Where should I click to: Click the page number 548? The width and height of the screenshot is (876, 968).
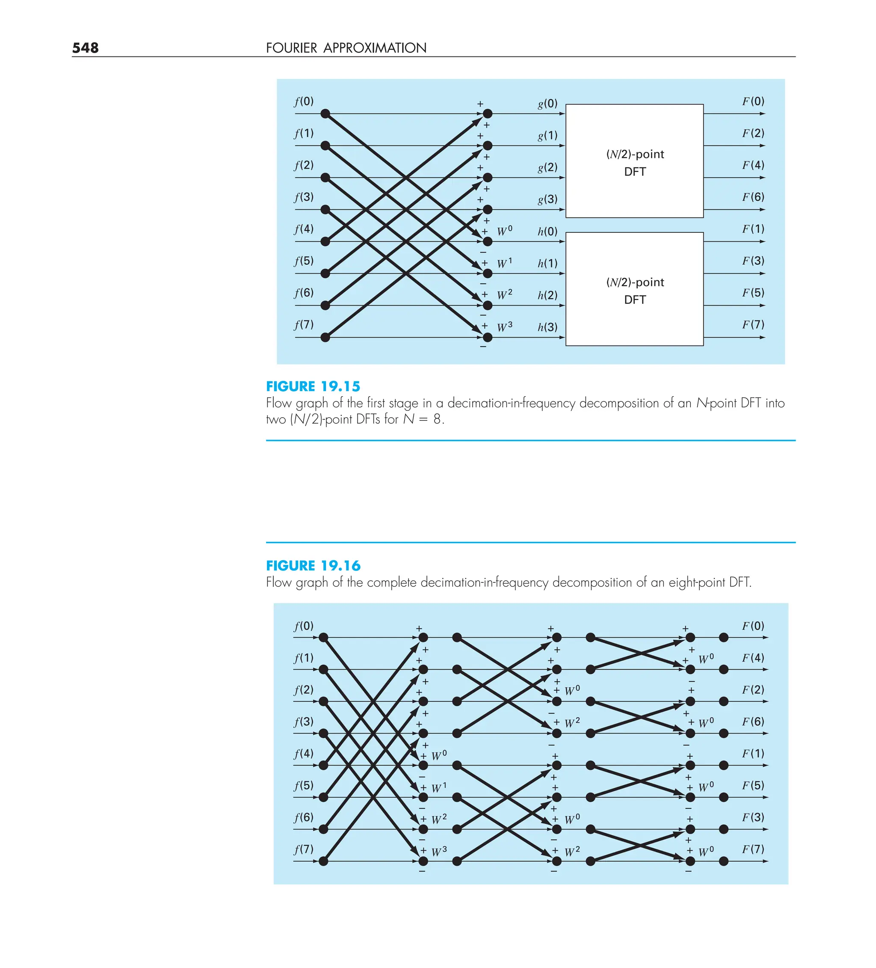[x=86, y=48]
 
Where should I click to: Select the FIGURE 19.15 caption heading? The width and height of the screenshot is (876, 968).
[x=313, y=386]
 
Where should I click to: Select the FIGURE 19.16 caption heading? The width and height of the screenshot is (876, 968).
[x=313, y=566]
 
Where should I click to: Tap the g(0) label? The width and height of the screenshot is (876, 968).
[x=547, y=104]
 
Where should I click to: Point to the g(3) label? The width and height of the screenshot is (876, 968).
[x=547, y=199]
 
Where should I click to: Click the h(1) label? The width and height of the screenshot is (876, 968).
[x=547, y=264]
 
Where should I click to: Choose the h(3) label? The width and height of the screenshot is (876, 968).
[x=547, y=327]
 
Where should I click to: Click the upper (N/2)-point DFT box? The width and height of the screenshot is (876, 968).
[x=635, y=161]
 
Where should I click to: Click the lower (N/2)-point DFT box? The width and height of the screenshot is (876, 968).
[x=635, y=289]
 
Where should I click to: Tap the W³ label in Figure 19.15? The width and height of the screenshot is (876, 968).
[x=504, y=327]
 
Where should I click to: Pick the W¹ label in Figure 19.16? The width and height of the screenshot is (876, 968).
[x=439, y=788]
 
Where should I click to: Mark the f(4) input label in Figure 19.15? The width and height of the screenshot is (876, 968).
[x=304, y=229]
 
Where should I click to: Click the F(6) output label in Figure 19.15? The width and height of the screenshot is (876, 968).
[x=753, y=197]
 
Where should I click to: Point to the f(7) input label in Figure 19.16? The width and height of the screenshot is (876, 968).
[x=304, y=849]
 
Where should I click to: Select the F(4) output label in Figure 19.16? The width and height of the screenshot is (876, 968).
[x=753, y=658]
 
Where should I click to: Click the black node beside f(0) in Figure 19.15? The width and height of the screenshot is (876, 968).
[x=326, y=114]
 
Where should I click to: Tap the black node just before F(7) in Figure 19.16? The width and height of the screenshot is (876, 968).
[x=724, y=861]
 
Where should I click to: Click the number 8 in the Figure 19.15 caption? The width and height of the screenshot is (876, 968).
[x=437, y=419]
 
